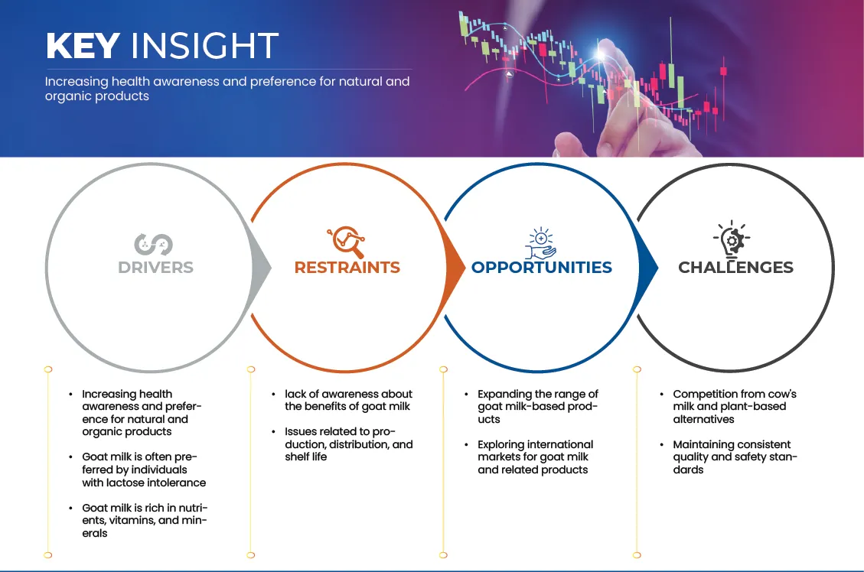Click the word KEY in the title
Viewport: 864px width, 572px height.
tap(83, 45)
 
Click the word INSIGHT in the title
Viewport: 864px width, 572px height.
tap(204, 45)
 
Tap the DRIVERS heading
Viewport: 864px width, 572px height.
tap(155, 268)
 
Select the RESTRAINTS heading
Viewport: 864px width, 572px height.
tap(347, 268)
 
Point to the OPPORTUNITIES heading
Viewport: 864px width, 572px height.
tap(542, 268)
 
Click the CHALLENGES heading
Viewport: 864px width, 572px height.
tap(735, 268)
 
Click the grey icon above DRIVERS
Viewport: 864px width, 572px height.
tap(153, 245)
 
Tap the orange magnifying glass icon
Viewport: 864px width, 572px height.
tap(346, 242)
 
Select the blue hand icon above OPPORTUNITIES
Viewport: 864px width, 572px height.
tap(540, 242)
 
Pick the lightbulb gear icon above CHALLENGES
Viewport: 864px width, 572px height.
tap(732, 239)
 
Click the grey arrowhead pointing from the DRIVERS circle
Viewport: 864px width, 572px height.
tap(261, 268)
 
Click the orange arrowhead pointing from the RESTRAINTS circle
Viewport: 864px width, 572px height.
tap(455, 268)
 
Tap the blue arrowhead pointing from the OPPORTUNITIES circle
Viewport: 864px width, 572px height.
tap(648, 268)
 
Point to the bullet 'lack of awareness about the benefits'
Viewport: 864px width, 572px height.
tap(348, 400)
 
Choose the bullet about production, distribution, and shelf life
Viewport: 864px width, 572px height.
tap(348, 444)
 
